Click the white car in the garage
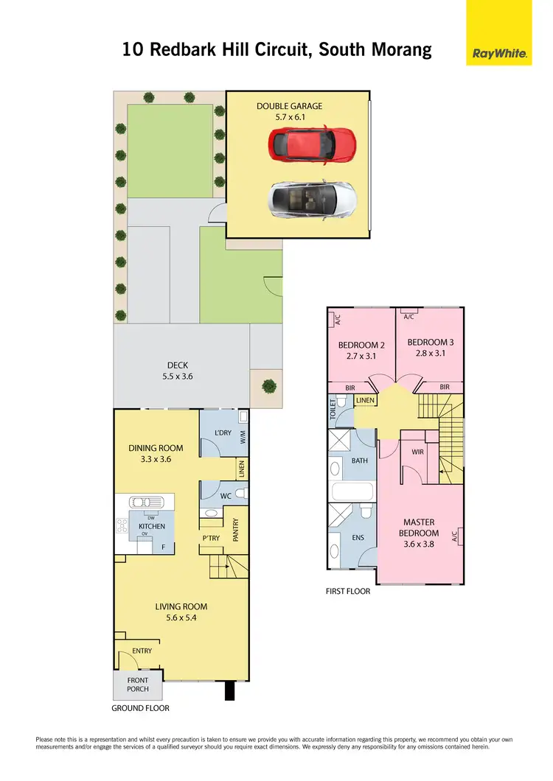coord(313,198)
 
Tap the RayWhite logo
coord(498,52)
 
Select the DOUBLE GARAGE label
coord(289,106)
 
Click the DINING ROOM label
coord(156,448)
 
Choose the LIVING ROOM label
coord(181,607)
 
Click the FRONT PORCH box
coord(138,685)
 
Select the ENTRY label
coord(142,651)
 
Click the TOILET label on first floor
coord(333,407)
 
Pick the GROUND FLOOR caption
coord(140,708)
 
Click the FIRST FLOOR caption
coord(348,591)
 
